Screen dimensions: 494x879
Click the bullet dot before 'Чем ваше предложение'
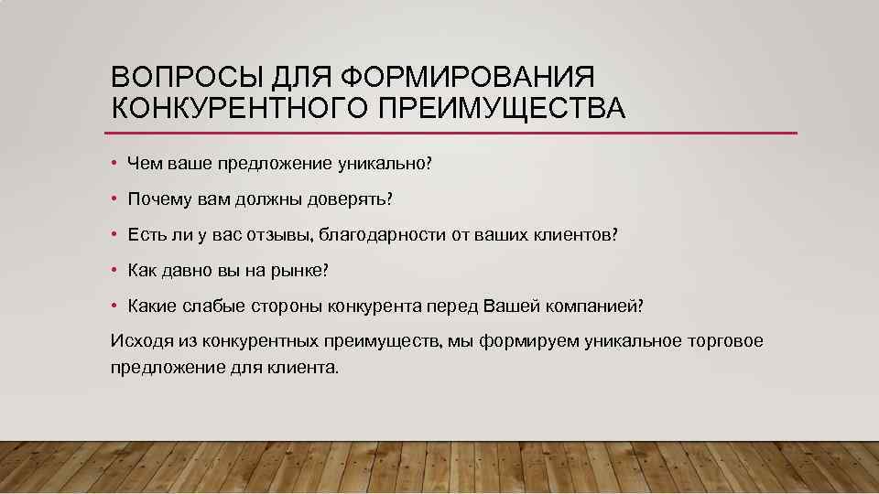coord(114,164)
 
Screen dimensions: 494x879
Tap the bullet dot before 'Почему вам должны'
coord(114,199)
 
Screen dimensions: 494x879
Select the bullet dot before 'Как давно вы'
coord(114,271)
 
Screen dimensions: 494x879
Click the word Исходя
coord(136,341)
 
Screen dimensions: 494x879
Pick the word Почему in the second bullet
coord(156,199)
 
